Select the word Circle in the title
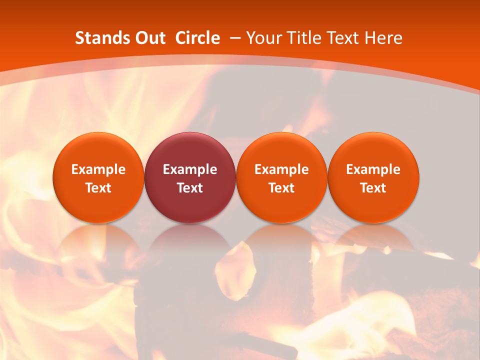[197, 38]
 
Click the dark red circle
[190, 150]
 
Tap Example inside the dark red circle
[190, 169]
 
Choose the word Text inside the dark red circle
[190, 188]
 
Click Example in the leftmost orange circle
[98, 169]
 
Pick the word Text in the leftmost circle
[98, 188]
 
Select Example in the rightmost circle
[373, 169]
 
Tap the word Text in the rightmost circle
[373, 188]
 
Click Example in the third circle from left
[282, 169]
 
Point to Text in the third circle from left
[282, 188]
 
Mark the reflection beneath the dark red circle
[190, 245]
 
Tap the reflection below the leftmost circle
[98, 245]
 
